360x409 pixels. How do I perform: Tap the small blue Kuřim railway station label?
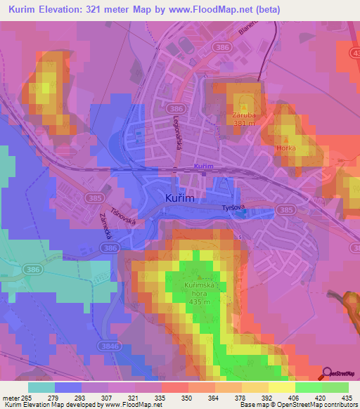click(202, 167)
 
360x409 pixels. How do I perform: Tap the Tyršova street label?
click(235, 209)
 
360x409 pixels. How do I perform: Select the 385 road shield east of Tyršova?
click(285, 209)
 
